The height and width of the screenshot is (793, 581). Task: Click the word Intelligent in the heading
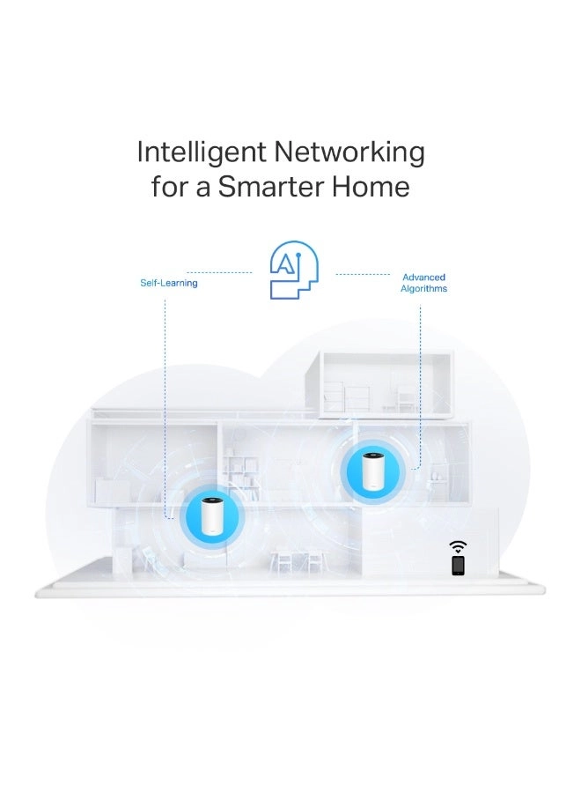click(202, 152)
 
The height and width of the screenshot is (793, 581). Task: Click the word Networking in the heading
click(349, 152)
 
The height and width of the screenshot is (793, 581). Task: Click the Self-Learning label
click(169, 283)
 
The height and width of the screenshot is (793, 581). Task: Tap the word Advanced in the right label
click(423, 277)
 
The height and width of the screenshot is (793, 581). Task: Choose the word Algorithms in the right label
click(423, 288)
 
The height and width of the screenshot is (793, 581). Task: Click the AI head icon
click(294, 270)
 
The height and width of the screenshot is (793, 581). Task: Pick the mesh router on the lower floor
click(210, 516)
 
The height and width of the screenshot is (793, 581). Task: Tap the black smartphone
click(458, 565)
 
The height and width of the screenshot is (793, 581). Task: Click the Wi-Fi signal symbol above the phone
click(458, 546)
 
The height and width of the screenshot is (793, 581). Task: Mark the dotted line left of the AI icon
click(220, 273)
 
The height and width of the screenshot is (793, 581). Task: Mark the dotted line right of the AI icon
click(363, 273)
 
